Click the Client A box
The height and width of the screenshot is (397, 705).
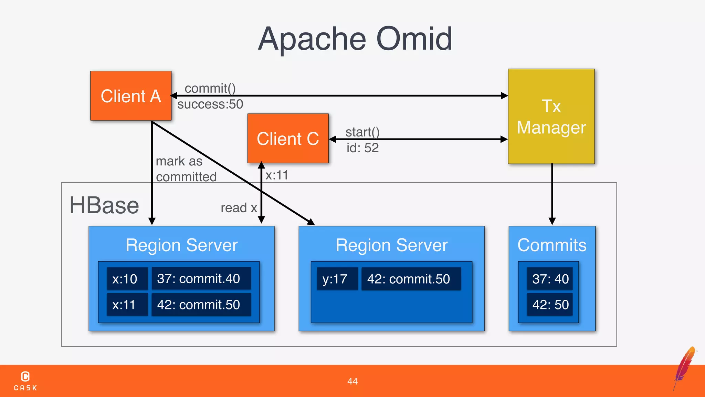point(131,96)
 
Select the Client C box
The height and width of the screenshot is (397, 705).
point(288,139)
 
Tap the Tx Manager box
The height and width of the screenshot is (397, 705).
point(551,116)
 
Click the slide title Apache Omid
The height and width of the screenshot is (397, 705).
point(355,39)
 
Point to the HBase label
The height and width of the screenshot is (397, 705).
point(104,205)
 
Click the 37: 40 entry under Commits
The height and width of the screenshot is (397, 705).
point(550,279)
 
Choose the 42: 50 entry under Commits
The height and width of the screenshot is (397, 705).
point(550,305)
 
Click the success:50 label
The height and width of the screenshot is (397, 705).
point(210,104)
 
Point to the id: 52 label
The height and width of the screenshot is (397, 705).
point(362,148)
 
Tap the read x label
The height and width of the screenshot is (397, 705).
point(239,208)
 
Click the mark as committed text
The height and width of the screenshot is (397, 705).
point(186,169)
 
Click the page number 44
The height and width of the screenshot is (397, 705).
point(352,381)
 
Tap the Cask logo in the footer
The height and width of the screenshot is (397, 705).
point(25,381)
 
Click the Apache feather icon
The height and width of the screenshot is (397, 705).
point(685,367)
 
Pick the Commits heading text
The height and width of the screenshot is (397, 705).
point(552,245)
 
